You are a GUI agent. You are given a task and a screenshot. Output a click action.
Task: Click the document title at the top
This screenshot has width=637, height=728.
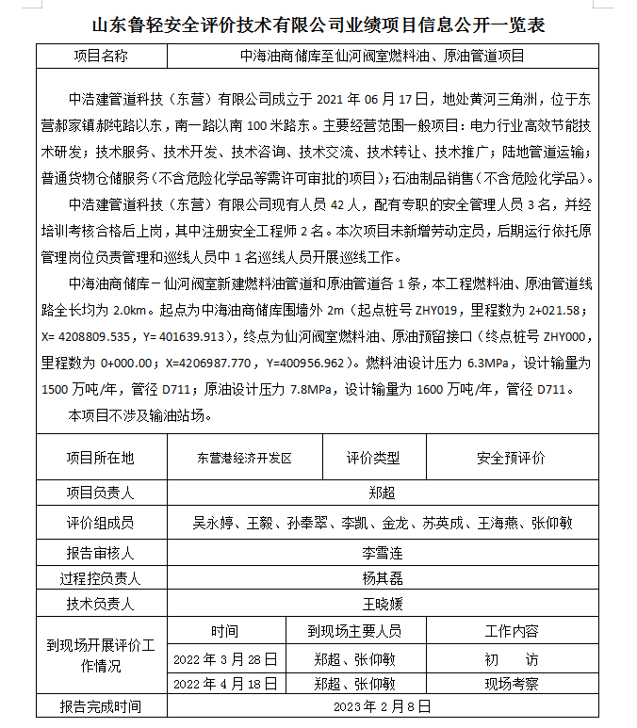(x=318, y=24)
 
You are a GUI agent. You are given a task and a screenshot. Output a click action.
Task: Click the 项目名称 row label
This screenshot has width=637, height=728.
(x=100, y=56)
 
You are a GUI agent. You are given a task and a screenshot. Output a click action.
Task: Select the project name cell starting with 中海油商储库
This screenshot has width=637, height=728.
(x=382, y=56)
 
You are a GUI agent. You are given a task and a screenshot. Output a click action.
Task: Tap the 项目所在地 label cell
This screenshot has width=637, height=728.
(x=100, y=459)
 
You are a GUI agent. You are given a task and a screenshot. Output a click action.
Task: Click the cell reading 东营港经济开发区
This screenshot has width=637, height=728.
(x=244, y=459)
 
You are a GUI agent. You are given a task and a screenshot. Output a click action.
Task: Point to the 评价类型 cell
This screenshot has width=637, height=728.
(x=373, y=459)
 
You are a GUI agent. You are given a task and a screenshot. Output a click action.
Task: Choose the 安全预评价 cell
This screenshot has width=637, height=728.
(x=512, y=459)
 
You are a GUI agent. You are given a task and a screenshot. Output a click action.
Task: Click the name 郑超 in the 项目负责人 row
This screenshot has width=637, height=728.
(x=382, y=493)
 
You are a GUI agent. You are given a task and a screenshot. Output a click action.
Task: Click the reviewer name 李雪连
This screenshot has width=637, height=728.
(x=382, y=553)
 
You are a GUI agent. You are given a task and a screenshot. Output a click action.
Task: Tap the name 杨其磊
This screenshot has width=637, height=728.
(x=382, y=578)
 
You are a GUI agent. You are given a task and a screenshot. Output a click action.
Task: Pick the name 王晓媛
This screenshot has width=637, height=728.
(x=382, y=604)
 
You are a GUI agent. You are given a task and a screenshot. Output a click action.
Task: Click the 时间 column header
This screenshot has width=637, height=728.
(x=225, y=631)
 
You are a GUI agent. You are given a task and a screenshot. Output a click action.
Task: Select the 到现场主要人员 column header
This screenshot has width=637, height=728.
(x=354, y=631)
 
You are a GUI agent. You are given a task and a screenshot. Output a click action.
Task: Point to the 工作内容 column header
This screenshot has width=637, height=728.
(x=512, y=631)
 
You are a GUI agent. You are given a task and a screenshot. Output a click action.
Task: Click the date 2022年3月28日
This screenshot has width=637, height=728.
(x=226, y=658)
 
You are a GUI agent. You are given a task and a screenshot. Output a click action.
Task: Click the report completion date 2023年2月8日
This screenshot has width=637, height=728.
(x=382, y=705)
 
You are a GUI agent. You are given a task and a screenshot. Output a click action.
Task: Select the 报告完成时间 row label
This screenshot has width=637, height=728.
(x=100, y=705)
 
